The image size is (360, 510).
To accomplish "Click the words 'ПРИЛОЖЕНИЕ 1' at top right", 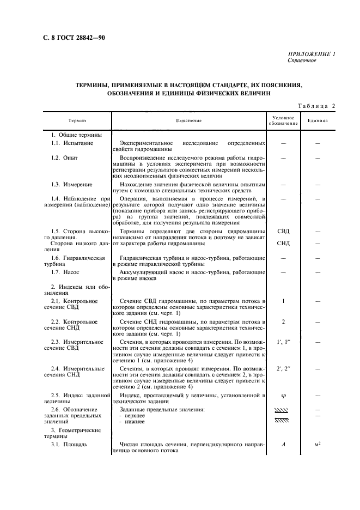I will pyautogui.click(x=312, y=54).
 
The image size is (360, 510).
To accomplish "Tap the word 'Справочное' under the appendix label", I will pyautogui.click(x=301, y=60).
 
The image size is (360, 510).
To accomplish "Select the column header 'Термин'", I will pyautogui.click(x=77, y=120).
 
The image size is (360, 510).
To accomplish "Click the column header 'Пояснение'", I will pyautogui.click(x=189, y=120).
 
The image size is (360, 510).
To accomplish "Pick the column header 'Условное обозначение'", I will pyautogui.click(x=283, y=120).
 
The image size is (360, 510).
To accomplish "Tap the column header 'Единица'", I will pyautogui.click(x=318, y=120).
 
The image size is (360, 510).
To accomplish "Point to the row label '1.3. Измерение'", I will pyautogui.click(x=72, y=185).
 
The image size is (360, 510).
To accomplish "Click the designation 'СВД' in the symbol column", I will pyautogui.click(x=283, y=231).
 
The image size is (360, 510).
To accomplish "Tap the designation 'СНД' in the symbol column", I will pyautogui.click(x=283, y=244).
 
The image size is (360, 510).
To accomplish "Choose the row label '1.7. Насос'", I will pyautogui.click(x=66, y=271).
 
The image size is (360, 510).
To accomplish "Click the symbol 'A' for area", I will pyautogui.click(x=283, y=445).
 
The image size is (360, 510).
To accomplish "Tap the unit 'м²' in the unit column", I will pyautogui.click(x=318, y=445).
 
